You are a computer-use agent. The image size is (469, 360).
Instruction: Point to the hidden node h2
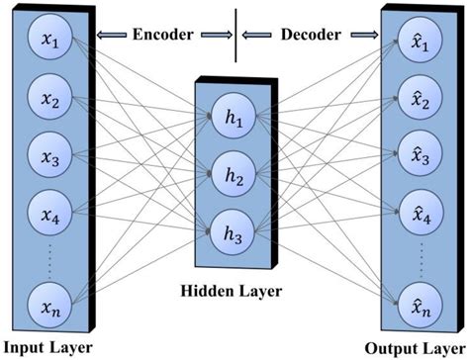coord(234,176)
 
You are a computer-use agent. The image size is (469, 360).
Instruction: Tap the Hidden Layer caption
coord(234,293)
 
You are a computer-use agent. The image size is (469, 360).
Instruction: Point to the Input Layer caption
coord(47,348)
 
